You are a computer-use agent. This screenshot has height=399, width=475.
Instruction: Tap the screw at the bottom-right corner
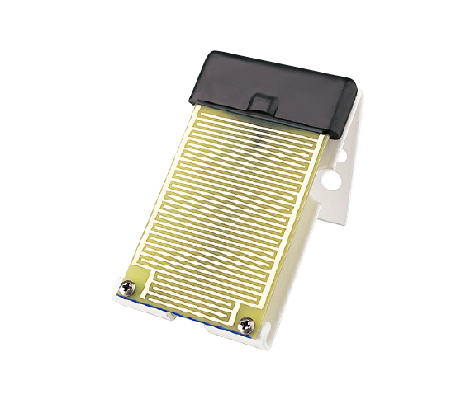245,326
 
